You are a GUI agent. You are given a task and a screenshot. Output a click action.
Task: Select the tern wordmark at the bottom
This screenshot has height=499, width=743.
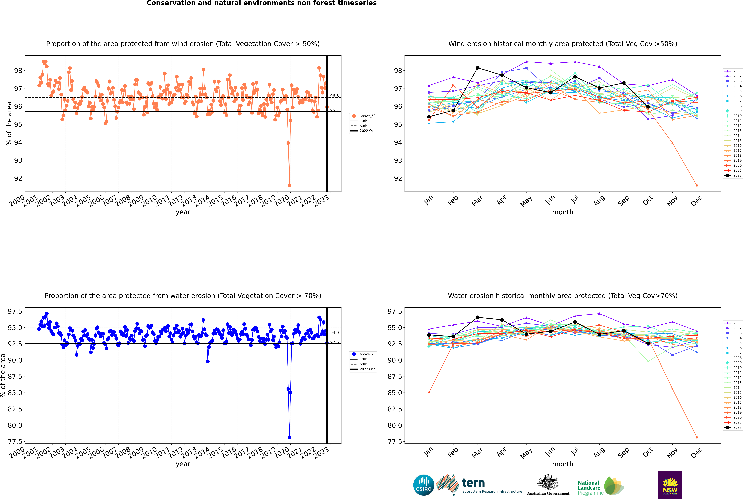click(x=473, y=483)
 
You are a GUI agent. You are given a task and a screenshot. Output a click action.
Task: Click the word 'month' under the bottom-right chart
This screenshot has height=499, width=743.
click(x=562, y=464)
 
